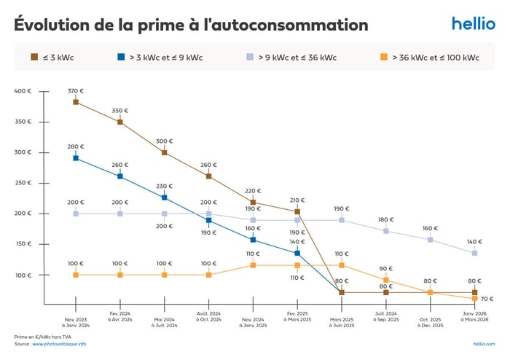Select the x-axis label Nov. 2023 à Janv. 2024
click(76, 322)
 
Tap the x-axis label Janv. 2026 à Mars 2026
click(475, 322)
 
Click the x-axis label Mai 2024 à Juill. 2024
click(165, 322)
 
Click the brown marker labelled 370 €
click(76, 102)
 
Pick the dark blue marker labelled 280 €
click(76, 158)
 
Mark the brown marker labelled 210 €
click(297, 212)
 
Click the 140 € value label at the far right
click(475, 241)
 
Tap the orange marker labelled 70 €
click(475, 298)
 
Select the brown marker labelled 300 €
click(165, 152)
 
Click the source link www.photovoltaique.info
click(59, 344)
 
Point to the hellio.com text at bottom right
click(484, 343)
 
